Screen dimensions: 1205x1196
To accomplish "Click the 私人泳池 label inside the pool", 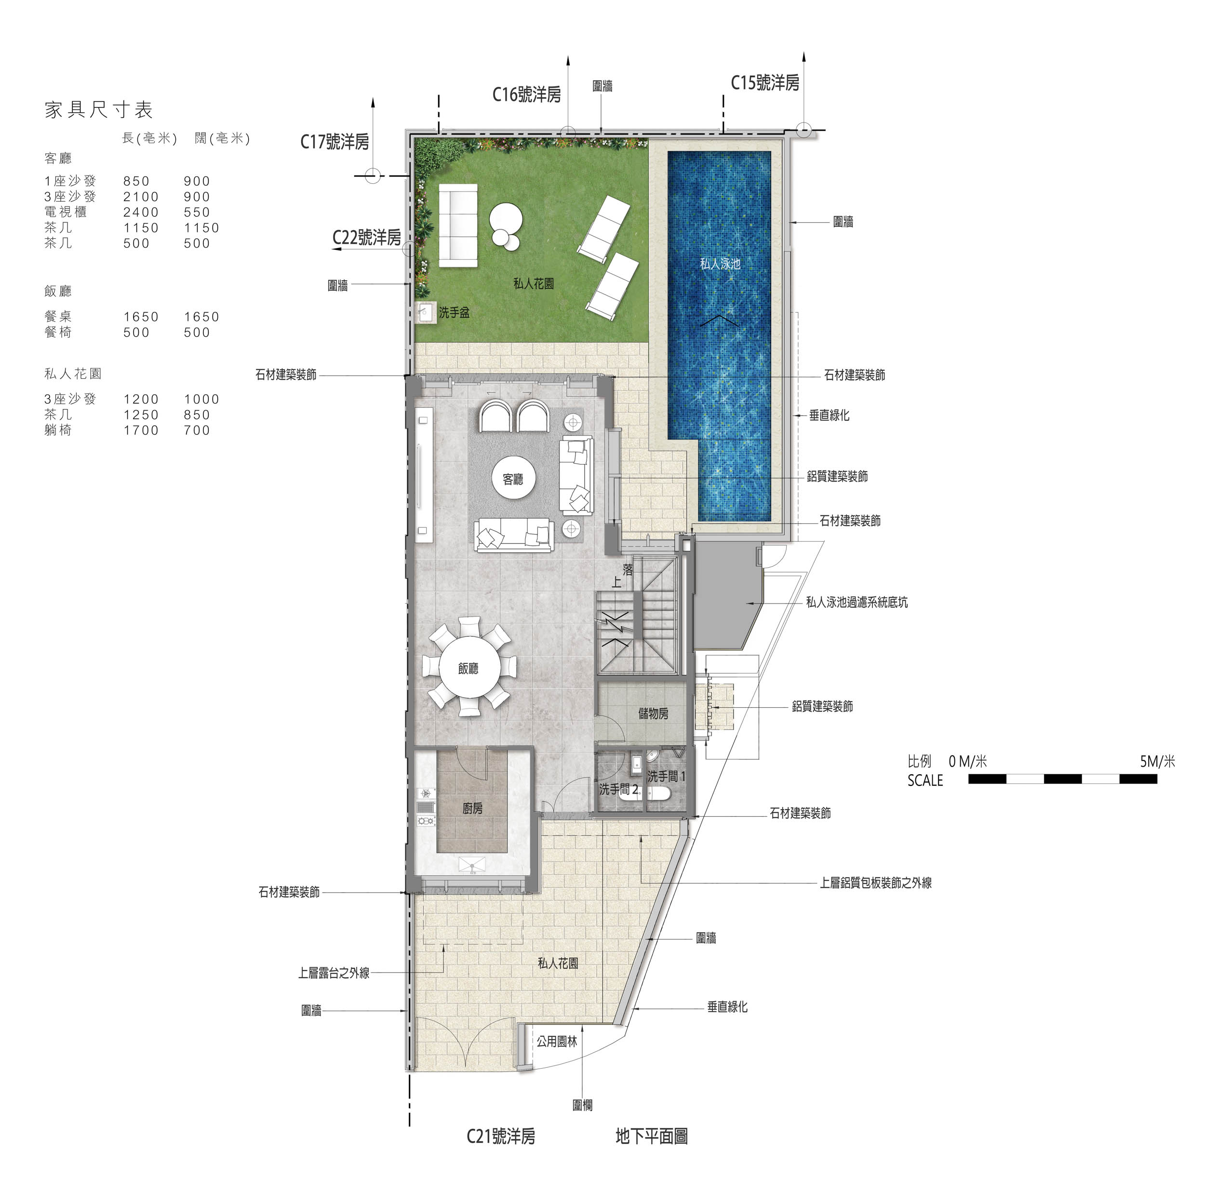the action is [x=720, y=264].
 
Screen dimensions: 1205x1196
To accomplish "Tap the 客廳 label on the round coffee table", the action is [x=513, y=479].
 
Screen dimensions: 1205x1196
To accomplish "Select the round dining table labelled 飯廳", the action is [x=469, y=667].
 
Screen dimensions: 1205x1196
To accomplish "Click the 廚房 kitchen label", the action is [x=472, y=809].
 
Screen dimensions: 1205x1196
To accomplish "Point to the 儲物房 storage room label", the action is [x=653, y=714].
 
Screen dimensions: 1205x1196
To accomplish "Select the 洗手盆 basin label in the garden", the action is [x=454, y=313].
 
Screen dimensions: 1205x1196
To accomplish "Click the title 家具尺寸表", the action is [x=98, y=110].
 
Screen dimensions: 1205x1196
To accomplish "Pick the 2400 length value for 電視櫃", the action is [x=141, y=212].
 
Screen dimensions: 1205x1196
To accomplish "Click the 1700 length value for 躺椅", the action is [x=141, y=430].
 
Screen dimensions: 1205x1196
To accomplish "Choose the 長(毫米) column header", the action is [x=150, y=138].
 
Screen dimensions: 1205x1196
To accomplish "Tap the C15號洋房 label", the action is [x=764, y=82].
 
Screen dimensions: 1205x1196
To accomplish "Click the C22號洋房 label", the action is [x=367, y=237].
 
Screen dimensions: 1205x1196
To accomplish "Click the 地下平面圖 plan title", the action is [x=651, y=1136].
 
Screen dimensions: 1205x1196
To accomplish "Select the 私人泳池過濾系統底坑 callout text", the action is [x=857, y=603].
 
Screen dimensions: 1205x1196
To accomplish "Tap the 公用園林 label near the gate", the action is [x=557, y=1041].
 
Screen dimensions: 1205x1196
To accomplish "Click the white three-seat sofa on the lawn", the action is [x=458, y=226].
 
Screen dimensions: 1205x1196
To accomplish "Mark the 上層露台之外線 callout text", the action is [x=334, y=973].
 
